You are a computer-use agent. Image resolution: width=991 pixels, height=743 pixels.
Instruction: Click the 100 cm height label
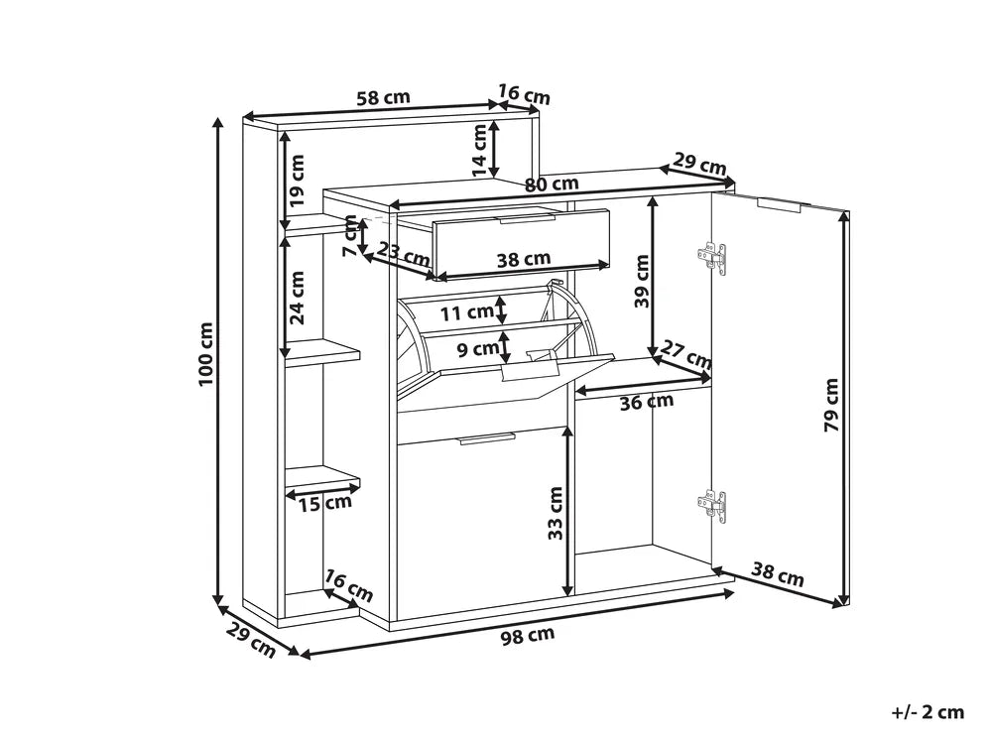(205, 355)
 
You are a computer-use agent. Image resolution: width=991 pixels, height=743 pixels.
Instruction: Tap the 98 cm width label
(526, 635)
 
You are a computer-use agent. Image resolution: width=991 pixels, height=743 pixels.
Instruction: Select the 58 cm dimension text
(382, 98)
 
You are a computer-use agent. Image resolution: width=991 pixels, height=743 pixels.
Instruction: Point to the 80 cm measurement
(552, 184)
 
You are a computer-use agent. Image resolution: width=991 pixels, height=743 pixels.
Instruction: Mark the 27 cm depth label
(686, 354)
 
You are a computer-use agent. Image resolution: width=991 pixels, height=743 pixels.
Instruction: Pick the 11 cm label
(466, 313)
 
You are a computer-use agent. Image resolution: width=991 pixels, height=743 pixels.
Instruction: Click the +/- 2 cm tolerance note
(927, 711)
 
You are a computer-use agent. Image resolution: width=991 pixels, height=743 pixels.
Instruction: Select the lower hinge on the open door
(712, 503)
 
